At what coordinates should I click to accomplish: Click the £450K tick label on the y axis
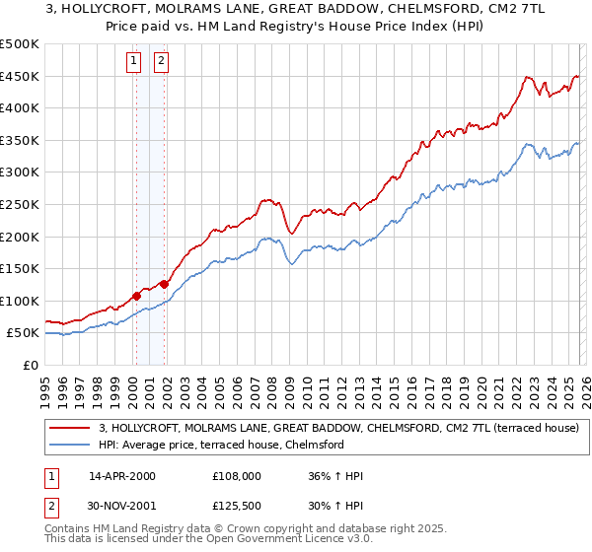click(x=20, y=76)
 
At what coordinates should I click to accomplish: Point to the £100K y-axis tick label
click(x=20, y=301)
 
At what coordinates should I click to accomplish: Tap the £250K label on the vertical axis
click(x=20, y=204)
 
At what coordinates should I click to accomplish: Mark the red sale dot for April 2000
click(x=136, y=295)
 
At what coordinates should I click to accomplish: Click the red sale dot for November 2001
click(x=165, y=284)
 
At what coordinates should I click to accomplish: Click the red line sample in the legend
click(x=70, y=428)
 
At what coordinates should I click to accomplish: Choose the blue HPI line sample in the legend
click(x=70, y=445)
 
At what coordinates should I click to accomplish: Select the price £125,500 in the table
click(x=236, y=506)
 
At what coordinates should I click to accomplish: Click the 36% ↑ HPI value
click(x=335, y=476)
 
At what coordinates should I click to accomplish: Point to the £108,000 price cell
click(x=236, y=476)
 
